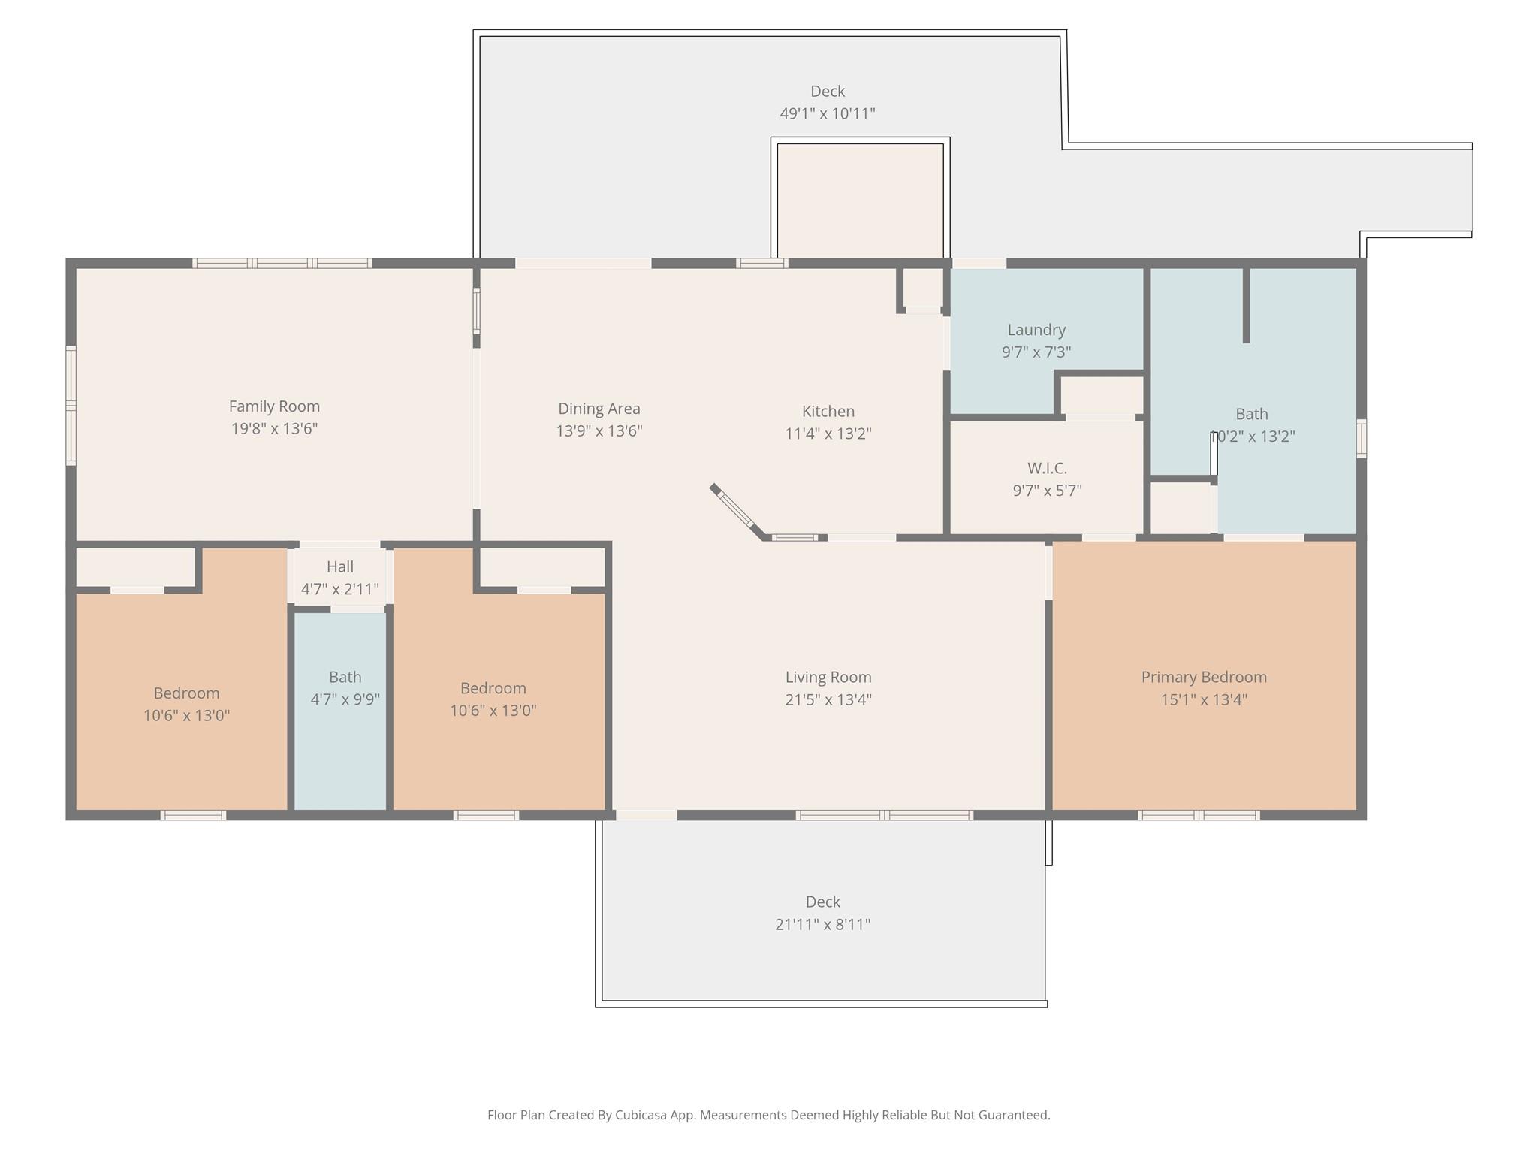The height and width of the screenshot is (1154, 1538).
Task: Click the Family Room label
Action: click(x=274, y=406)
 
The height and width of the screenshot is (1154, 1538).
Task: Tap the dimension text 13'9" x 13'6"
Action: click(x=599, y=431)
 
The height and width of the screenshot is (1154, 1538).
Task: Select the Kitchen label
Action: click(x=828, y=411)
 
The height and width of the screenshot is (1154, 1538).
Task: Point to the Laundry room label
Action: click(x=1036, y=330)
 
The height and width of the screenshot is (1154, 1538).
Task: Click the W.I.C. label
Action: click(x=1047, y=468)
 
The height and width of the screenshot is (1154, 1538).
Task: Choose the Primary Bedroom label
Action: click(x=1203, y=677)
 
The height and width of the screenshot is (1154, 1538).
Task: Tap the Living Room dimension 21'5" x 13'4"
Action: click(x=828, y=699)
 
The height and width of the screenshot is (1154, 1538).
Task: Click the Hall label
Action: click(x=339, y=566)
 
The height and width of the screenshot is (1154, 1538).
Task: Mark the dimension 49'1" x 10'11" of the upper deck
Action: click(x=827, y=113)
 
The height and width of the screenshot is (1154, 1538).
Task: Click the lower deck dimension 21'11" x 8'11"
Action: click(x=822, y=924)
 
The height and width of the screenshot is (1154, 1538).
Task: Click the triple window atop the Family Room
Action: click(x=282, y=263)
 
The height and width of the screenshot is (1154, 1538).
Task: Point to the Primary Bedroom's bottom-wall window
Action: click(x=1198, y=815)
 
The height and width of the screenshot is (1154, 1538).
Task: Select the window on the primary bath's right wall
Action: click(x=1361, y=438)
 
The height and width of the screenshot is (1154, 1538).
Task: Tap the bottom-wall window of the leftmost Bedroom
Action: click(x=193, y=815)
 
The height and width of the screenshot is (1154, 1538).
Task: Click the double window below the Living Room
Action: click(x=884, y=815)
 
